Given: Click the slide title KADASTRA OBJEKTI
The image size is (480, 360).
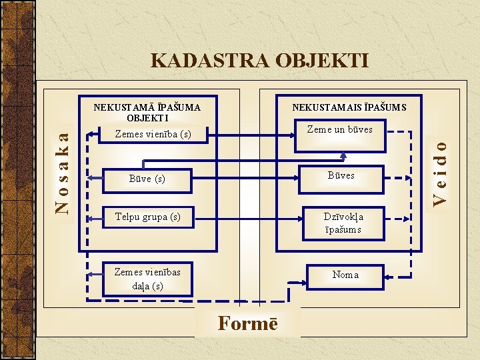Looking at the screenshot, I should pyautogui.click(x=259, y=61).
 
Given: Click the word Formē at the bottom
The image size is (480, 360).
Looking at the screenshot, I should pyautogui.click(x=247, y=323).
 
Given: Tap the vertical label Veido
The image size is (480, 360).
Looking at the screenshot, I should pyautogui.click(x=439, y=170).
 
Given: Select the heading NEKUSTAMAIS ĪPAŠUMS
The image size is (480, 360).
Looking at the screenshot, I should pyautogui.click(x=349, y=107).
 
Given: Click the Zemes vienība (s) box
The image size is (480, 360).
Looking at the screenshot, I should pyautogui.click(x=153, y=134).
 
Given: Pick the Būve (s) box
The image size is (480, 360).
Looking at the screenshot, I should pyautogui.click(x=147, y=179).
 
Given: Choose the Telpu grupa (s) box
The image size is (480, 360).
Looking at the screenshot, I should pyautogui.click(x=147, y=217).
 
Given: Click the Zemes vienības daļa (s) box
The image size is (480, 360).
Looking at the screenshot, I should pyautogui.click(x=147, y=279).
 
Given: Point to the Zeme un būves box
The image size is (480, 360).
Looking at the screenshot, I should pyautogui.click(x=339, y=131).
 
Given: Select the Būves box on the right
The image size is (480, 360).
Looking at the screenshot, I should pyautogui.click(x=341, y=176).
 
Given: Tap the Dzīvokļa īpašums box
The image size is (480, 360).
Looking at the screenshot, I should pyautogui.click(x=343, y=223).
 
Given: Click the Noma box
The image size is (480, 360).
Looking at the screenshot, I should pyautogui.click(x=345, y=275).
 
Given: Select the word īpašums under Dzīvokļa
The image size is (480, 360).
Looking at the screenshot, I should pyautogui.click(x=343, y=229).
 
